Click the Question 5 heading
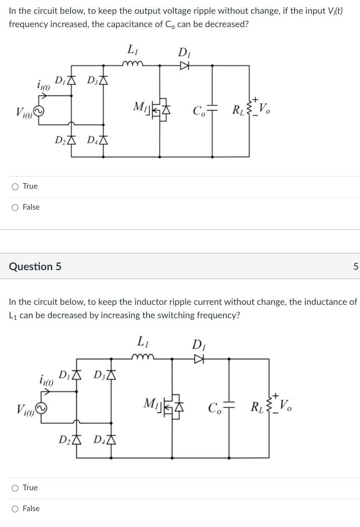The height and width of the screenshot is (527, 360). tap(35, 266)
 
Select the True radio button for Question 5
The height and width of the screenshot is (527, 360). tap(15, 488)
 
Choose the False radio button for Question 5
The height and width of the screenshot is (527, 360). tap(15, 509)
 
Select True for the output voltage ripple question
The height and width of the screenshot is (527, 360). tap(15, 186)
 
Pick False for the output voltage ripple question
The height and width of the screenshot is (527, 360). tap(15, 207)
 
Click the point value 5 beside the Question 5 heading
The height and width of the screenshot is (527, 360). tap(355, 267)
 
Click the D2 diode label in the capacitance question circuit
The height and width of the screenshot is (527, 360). tap(61, 139)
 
